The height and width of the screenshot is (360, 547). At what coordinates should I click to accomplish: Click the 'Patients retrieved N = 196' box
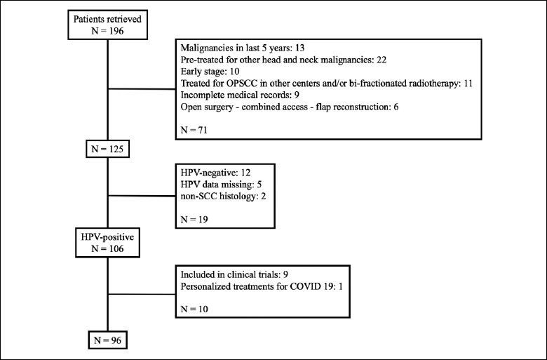pyautogui.click(x=107, y=25)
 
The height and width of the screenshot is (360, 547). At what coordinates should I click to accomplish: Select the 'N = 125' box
pyautogui.click(x=107, y=149)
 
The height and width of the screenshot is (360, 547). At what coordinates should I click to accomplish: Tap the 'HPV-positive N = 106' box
pyautogui.click(x=107, y=243)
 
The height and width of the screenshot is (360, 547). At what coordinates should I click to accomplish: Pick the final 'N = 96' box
pyautogui.click(x=107, y=340)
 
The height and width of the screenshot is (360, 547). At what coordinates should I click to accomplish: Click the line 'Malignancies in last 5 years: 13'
pyautogui.click(x=243, y=48)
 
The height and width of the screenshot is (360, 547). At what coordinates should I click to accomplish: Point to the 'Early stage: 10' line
pyautogui.click(x=210, y=72)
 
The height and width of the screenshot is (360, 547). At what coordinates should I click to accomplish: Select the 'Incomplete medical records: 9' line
pyautogui.click(x=240, y=95)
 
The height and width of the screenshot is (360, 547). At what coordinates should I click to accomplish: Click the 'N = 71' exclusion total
pyautogui.click(x=194, y=131)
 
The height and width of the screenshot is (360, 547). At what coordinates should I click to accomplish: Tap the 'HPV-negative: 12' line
pyautogui.click(x=215, y=173)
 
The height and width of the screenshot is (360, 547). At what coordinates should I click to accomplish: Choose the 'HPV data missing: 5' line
pyautogui.click(x=221, y=185)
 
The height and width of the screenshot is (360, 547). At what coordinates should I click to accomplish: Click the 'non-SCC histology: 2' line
pyautogui.click(x=223, y=196)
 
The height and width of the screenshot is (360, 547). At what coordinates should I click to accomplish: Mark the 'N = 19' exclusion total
pyautogui.click(x=194, y=220)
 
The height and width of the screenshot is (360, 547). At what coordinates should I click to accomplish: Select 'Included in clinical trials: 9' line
pyautogui.click(x=234, y=274)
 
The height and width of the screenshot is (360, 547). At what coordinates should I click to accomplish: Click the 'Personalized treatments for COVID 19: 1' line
pyautogui.click(x=262, y=287)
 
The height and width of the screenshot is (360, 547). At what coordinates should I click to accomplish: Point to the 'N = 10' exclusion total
pyautogui.click(x=194, y=309)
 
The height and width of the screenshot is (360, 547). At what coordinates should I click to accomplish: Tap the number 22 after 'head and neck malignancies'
pyautogui.click(x=381, y=60)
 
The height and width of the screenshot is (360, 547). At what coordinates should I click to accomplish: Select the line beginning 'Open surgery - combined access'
pyautogui.click(x=290, y=107)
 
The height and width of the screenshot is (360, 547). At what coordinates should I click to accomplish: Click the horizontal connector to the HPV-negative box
pyautogui.click(x=142, y=196)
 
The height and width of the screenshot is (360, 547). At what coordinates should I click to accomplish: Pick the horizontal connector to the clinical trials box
pyautogui.click(x=142, y=294)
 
